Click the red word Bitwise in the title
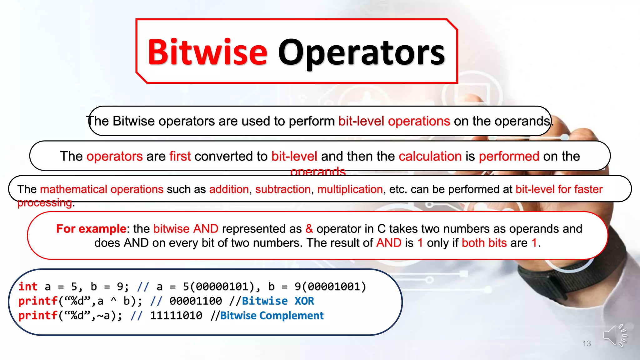pos(207,52)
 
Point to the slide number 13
pos(587,344)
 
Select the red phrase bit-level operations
pos(394,121)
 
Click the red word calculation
pos(430,156)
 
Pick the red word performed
pos(509,156)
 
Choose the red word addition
pos(229,189)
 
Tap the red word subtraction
pos(283,189)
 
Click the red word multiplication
pos(350,189)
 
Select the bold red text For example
pos(91,229)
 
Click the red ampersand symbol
pos(309,229)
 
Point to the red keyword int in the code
pos(28,287)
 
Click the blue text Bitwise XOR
pos(278,301)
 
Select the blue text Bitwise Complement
pos(272,316)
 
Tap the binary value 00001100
pos(196,301)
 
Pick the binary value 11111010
pos(176,316)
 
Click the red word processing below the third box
pos(45,203)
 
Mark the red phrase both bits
pos(484,243)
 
